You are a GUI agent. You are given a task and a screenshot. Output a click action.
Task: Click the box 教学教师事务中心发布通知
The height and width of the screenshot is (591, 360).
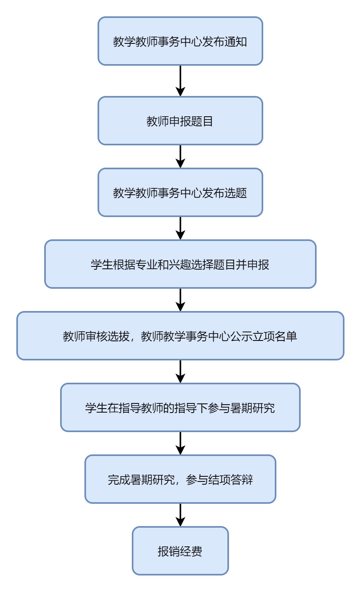point(180,41)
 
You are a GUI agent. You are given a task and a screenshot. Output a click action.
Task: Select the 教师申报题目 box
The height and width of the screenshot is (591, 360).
point(180,121)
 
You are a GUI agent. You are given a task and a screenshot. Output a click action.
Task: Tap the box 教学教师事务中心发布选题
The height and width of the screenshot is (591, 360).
point(180,192)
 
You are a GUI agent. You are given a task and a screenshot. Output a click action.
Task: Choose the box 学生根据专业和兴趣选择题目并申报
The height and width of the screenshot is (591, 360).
point(180,264)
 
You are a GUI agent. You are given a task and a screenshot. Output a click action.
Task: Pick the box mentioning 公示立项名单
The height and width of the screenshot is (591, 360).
point(180,336)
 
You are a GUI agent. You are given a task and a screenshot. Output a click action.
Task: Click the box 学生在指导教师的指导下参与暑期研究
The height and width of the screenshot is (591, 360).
point(180,407)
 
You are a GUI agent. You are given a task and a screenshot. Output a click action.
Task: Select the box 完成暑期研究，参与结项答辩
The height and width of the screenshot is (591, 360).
point(180,479)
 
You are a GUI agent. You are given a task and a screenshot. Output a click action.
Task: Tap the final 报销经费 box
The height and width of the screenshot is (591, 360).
point(180,551)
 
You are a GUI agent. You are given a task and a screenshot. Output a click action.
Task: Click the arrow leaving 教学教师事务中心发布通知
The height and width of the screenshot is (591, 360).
point(180,80)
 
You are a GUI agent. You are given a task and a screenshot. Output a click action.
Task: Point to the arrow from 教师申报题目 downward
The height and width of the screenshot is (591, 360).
point(180,156)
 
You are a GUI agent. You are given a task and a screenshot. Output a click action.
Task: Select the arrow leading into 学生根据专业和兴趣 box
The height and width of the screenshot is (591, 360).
point(180,228)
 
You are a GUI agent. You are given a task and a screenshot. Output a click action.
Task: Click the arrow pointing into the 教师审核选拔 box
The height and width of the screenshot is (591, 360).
point(180,299)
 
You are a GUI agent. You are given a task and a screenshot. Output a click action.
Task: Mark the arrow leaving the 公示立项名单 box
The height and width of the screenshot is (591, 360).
point(180,371)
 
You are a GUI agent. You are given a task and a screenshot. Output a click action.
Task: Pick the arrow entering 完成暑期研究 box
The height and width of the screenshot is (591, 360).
point(180,443)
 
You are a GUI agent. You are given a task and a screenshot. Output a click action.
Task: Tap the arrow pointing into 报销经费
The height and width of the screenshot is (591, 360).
point(180,515)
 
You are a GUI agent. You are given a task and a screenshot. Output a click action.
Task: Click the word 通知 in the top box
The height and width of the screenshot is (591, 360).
point(236,41)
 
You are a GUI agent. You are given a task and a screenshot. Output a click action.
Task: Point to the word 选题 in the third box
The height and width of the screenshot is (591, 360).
point(236,193)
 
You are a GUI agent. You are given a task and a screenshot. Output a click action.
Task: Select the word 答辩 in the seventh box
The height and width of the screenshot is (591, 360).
point(241,479)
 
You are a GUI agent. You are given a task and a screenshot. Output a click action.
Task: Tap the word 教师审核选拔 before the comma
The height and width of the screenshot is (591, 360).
point(96,336)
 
